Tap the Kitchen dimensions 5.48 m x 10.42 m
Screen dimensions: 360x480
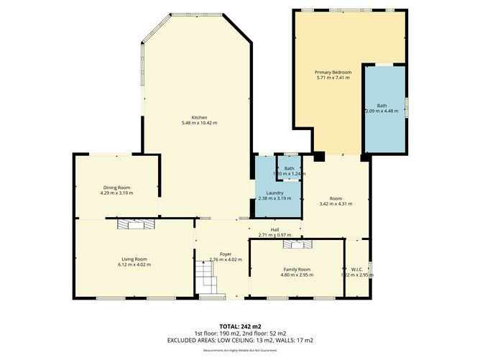pos(199,123)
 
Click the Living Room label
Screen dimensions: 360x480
pos(134,259)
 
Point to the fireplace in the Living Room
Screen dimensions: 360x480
pos(137,224)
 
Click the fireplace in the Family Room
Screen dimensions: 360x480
pos(297,244)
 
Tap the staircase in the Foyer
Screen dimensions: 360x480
pos(207,276)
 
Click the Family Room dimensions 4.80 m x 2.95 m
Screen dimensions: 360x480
pos(297,274)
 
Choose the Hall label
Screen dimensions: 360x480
pos(274,230)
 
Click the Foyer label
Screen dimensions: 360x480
pos(225,253)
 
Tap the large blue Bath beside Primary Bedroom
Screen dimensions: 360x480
pos(385,108)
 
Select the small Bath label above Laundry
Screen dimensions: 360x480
pos(289,168)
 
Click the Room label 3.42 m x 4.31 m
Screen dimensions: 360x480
pos(335,198)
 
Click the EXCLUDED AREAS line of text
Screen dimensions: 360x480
pos(240,340)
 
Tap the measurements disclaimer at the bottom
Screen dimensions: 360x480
pos(240,350)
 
